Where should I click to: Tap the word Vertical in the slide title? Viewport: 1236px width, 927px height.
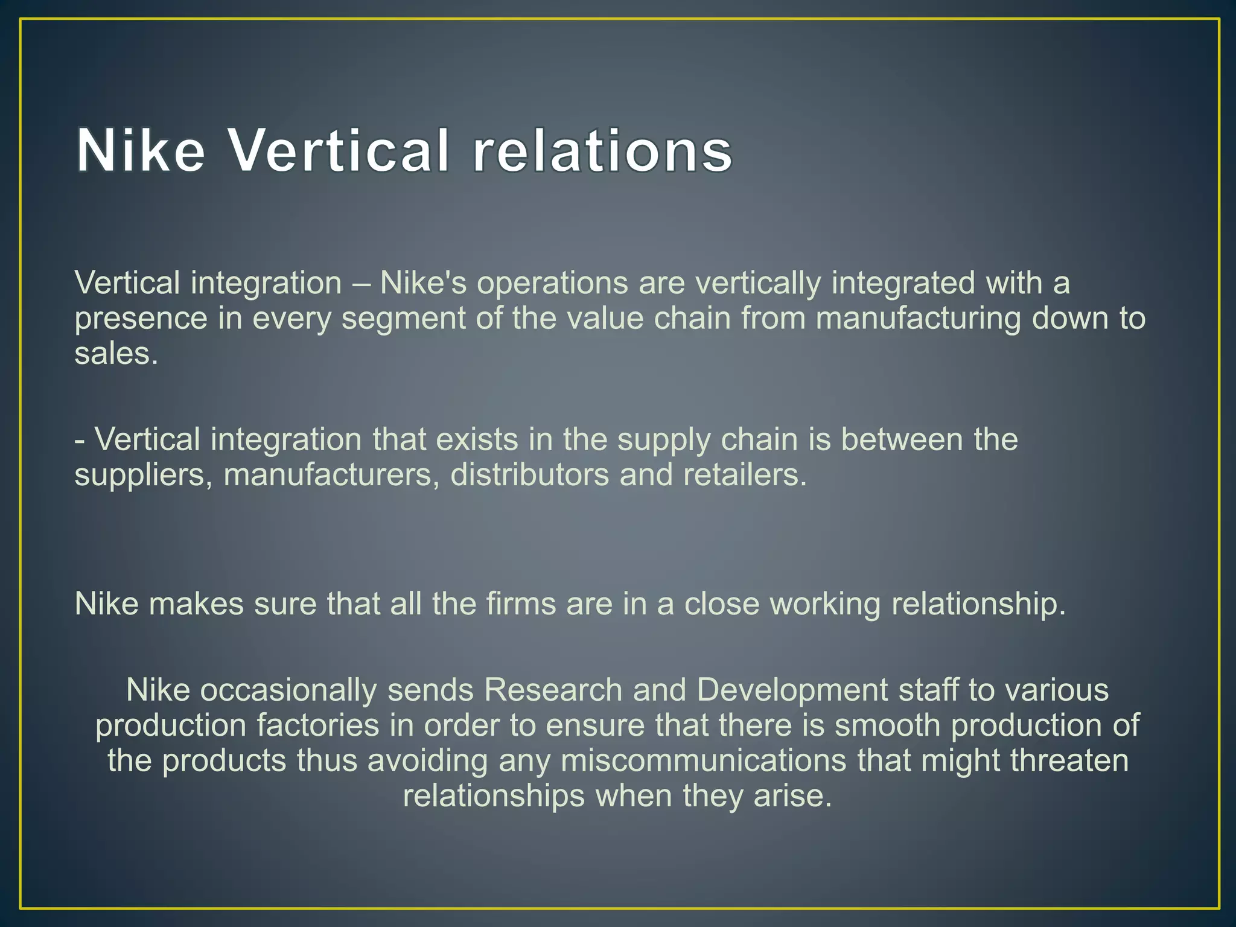[x=338, y=151]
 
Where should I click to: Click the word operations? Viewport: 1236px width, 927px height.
[x=552, y=283]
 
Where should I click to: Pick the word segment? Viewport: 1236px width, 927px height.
[x=403, y=319]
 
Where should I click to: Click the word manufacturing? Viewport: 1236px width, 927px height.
[x=918, y=319]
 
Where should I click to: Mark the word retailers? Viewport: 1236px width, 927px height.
[x=745, y=475]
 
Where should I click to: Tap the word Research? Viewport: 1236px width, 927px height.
[x=553, y=690]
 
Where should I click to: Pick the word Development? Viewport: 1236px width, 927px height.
[x=792, y=690]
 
